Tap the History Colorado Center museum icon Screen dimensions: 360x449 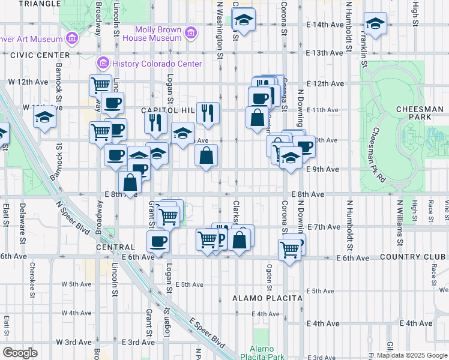[103, 63]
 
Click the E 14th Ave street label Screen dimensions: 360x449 [324, 25]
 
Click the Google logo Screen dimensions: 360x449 [20, 353]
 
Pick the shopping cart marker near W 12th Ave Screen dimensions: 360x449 [101, 85]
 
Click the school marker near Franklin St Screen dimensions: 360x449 [375, 24]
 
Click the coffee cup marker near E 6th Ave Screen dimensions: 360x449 [158, 241]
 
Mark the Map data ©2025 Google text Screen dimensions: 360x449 [411, 355]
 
